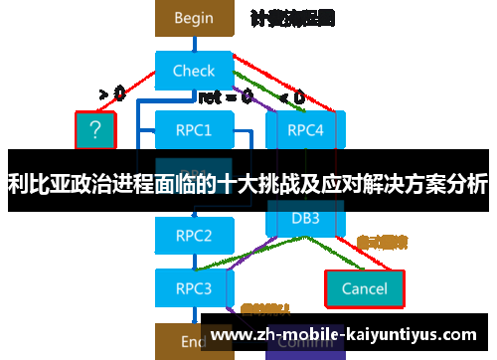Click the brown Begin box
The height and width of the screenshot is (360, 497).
[x=194, y=18]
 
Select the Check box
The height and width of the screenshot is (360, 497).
[x=194, y=71]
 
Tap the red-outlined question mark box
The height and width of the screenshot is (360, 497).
[x=95, y=129]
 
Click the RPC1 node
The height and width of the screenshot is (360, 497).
[x=194, y=129]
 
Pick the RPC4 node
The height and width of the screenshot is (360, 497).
[x=304, y=129]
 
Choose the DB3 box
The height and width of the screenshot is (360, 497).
[x=304, y=218]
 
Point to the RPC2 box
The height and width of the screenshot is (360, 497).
[x=194, y=236]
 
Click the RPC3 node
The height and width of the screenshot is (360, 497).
[x=194, y=288]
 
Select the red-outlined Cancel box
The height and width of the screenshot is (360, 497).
[x=364, y=288]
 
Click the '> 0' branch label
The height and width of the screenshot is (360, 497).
[x=111, y=95]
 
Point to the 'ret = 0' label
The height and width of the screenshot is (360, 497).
[x=225, y=97]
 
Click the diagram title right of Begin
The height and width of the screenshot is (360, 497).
[x=292, y=18]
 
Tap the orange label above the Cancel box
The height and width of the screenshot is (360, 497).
[x=382, y=242]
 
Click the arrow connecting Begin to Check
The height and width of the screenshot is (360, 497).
[x=194, y=43]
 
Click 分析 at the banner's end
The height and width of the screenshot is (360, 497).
[x=466, y=183]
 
